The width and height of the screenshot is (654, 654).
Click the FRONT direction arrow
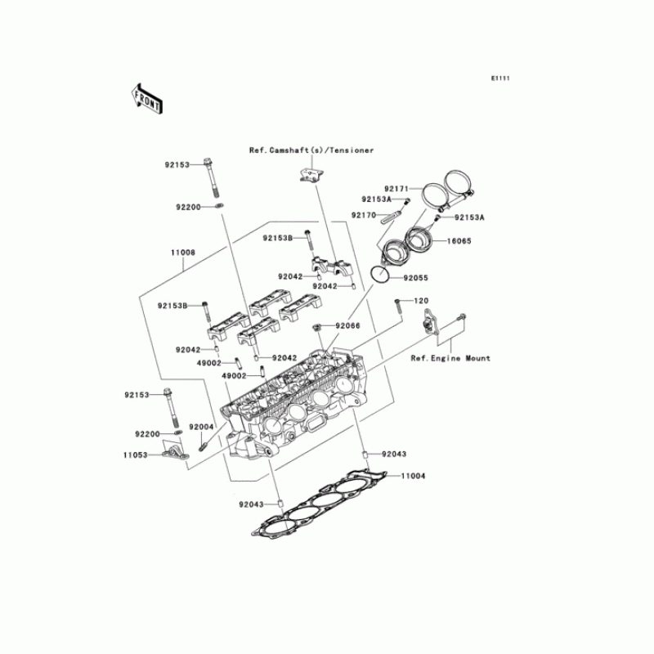point(146,98)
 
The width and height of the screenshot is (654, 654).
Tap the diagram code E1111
point(500,78)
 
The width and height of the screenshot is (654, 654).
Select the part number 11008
point(182,253)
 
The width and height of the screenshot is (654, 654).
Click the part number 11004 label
point(413,476)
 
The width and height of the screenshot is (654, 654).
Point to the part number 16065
point(459,241)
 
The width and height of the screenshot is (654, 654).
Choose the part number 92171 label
point(396,189)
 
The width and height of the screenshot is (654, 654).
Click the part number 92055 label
point(415,278)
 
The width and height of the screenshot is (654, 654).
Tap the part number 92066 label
point(348,325)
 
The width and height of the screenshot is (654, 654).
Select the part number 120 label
point(421,301)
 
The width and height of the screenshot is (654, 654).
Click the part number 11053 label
point(136,455)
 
